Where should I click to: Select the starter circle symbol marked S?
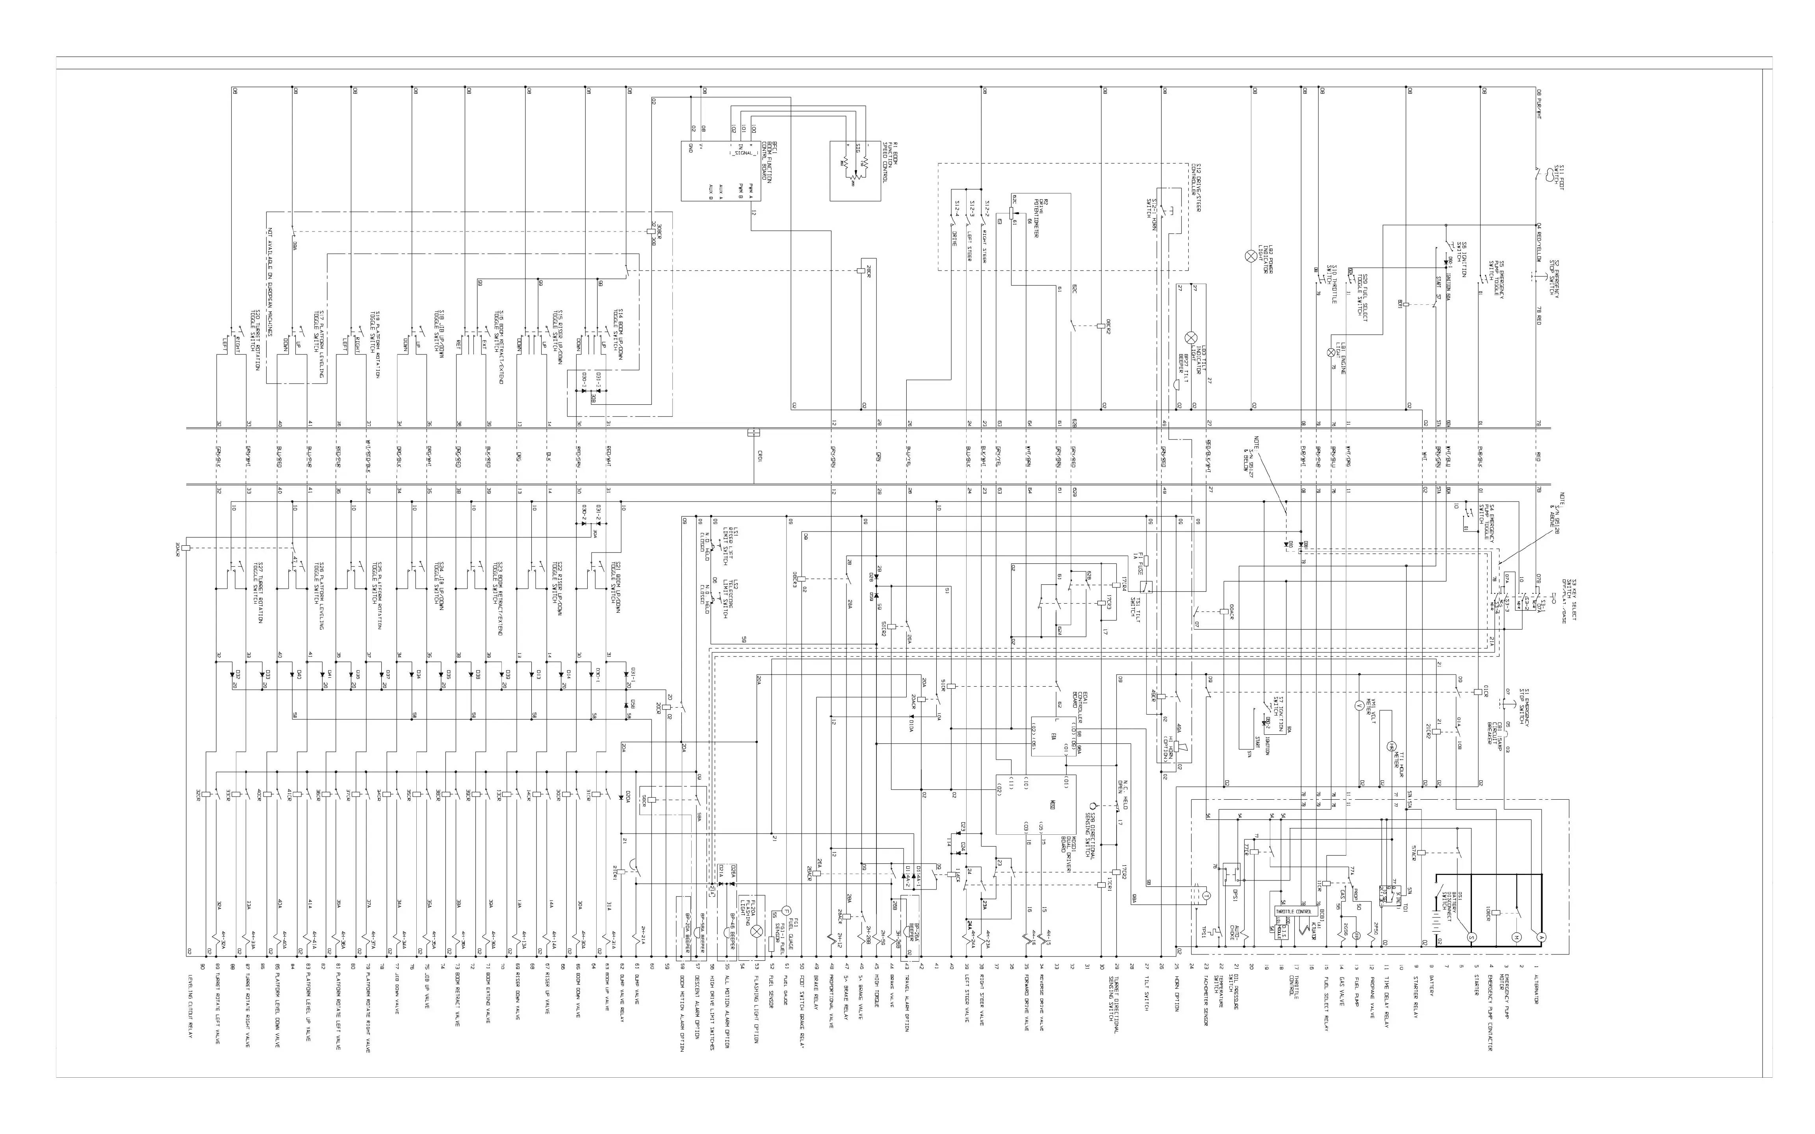pos(1471,937)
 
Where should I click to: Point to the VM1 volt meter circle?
pos(1357,706)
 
